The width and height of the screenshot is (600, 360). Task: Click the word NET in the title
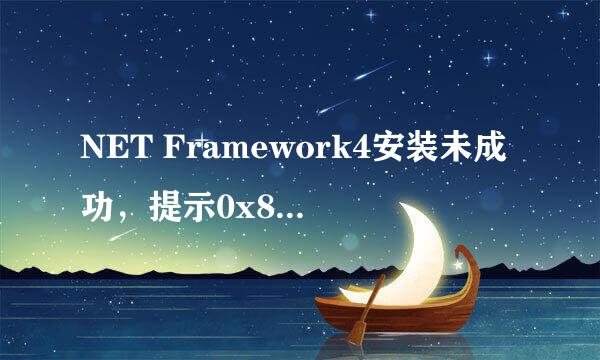(107, 158)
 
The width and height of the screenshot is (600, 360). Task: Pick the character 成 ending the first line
(496, 158)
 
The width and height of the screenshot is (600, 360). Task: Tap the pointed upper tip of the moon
(406, 201)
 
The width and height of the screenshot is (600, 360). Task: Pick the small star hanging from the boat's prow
(458, 266)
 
